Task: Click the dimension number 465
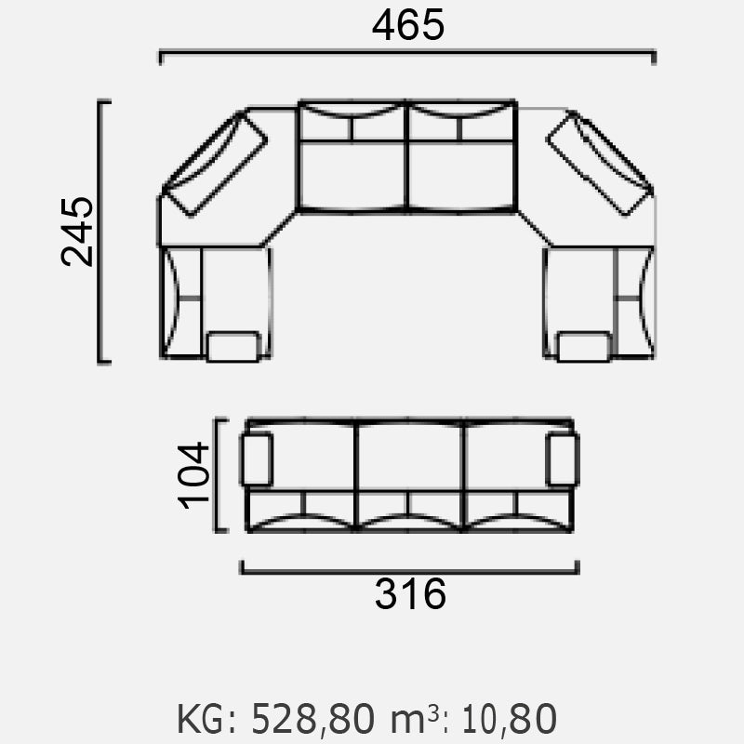(408, 25)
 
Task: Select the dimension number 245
(77, 232)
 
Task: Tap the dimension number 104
(193, 475)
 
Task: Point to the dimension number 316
(410, 593)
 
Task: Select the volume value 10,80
(509, 719)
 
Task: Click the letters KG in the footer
(200, 719)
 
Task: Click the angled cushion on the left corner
(215, 164)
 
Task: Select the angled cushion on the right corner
(600, 163)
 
